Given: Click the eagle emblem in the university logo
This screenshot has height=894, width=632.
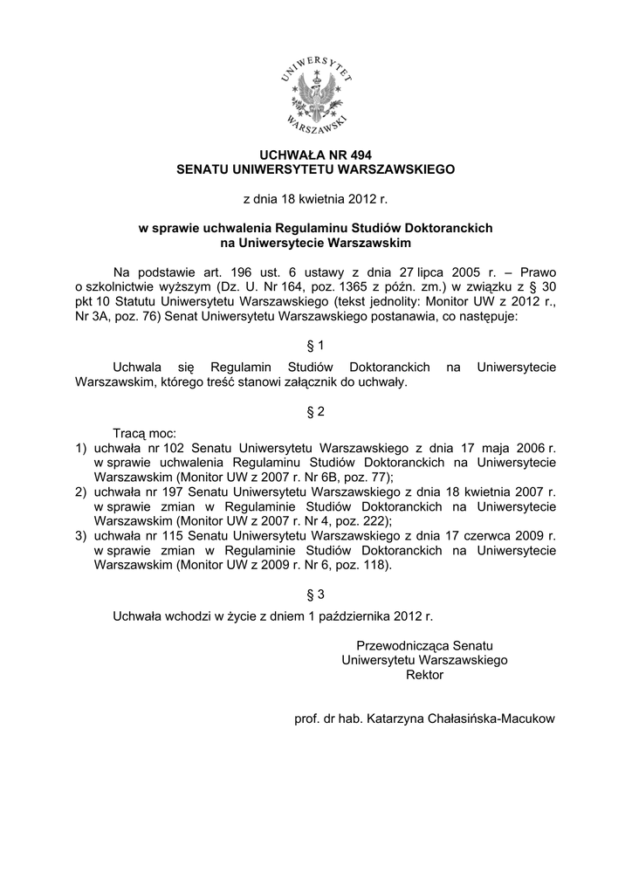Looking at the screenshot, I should (316, 93).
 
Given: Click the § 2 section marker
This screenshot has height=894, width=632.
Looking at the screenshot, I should (316, 410).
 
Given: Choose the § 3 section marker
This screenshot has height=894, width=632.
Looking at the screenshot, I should (316, 595).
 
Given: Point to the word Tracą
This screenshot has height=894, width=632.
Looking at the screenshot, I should (130, 433).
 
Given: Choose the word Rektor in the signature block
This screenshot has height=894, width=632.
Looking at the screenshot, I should (425, 675).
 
